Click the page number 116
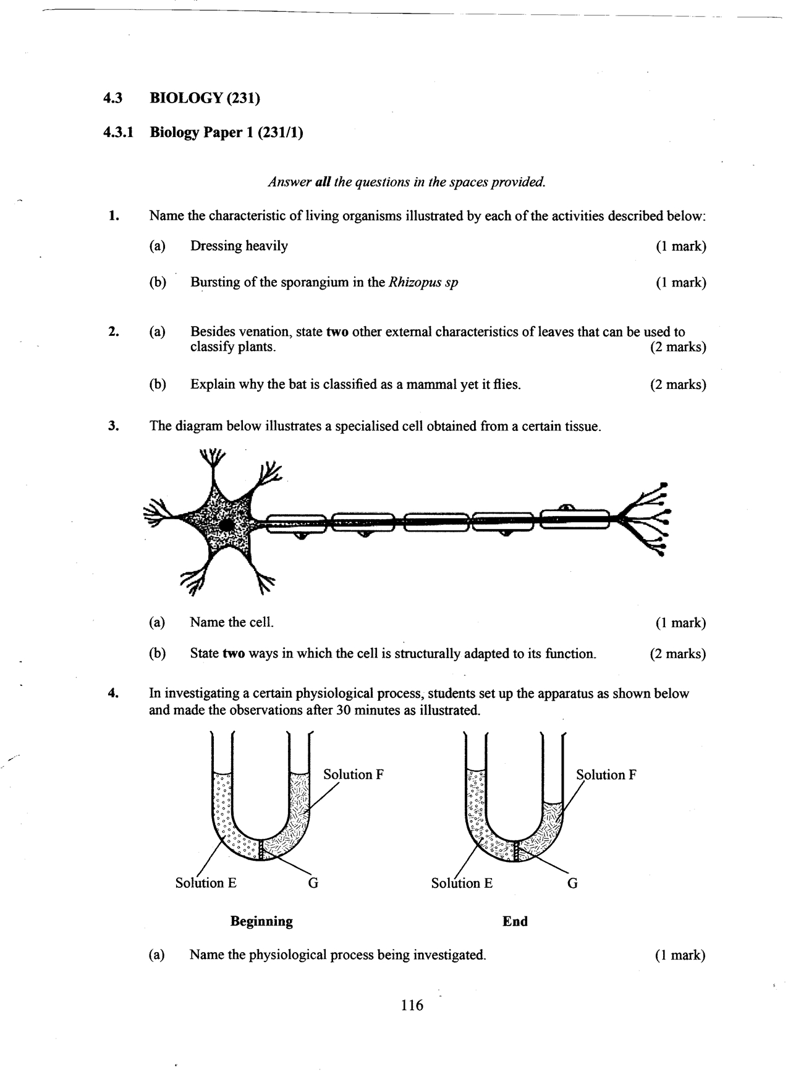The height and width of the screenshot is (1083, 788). coord(412,1006)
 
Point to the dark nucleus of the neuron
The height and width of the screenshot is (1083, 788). coord(227,525)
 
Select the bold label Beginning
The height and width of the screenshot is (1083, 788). coord(261,921)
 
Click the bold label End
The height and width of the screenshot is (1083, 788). coord(515,921)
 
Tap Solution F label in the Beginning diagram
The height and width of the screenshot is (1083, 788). coord(354,774)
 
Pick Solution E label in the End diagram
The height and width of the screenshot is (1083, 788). coord(462,883)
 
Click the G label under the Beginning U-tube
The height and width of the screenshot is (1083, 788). coord(313,883)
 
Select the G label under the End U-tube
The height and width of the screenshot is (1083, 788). coord(572,883)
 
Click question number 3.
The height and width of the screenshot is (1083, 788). coord(112,426)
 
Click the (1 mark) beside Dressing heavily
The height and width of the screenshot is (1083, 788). coord(680,246)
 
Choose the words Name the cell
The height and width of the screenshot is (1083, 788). coord(232,622)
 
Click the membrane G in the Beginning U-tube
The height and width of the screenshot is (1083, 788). coord(261,850)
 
